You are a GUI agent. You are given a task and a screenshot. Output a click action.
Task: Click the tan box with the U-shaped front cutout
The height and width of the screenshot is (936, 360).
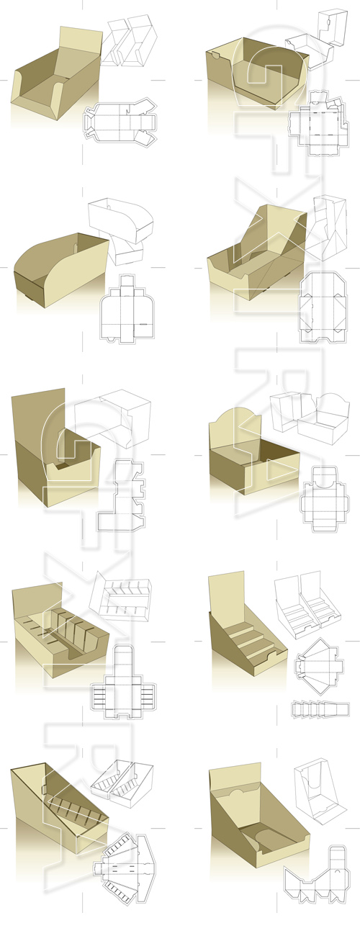pos(256,76)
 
